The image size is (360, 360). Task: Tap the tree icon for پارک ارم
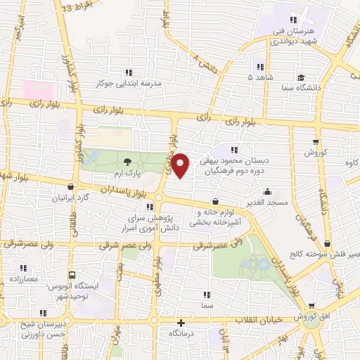pos(127,162)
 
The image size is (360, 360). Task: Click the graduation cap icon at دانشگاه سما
pos(301,77)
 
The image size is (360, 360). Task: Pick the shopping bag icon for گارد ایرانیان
pos(71,187)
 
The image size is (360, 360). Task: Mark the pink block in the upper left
pos(38,90)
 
